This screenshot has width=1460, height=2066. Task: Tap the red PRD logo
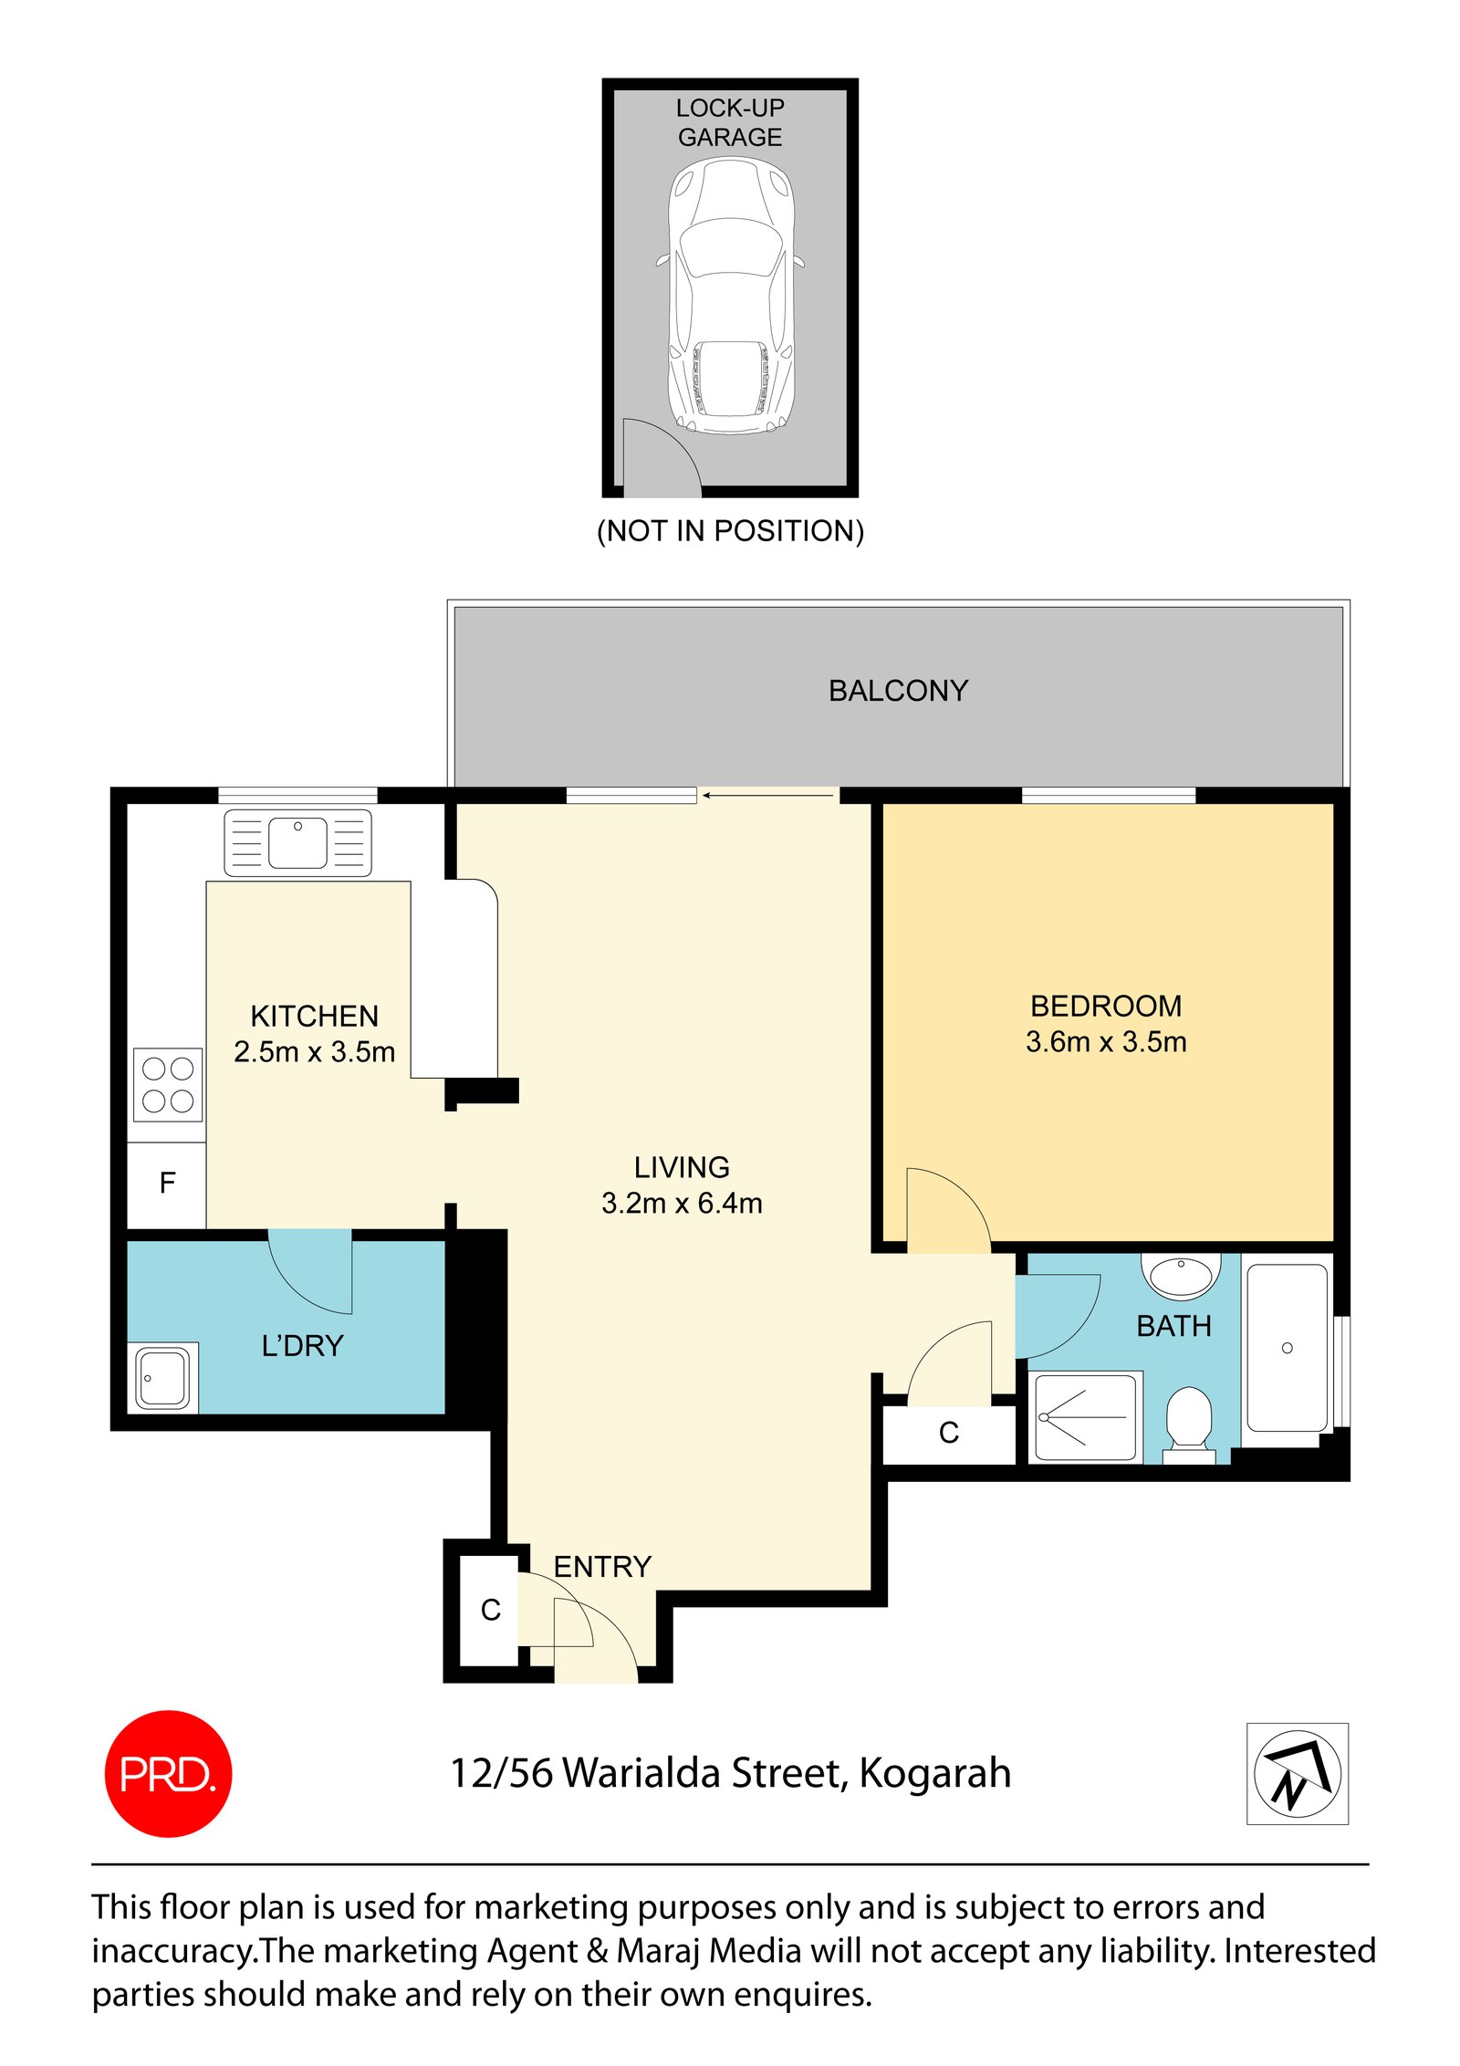[x=169, y=1773]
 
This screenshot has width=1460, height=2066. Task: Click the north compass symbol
[x=1297, y=1773]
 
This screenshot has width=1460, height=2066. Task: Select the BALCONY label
[x=898, y=691]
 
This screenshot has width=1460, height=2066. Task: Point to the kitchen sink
[x=297, y=842]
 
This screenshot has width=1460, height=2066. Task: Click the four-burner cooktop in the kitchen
[x=168, y=1084]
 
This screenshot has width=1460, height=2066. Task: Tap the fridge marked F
[x=167, y=1184]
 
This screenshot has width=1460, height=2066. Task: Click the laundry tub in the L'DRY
[x=163, y=1377]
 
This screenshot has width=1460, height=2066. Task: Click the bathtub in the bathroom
[x=1287, y=1348]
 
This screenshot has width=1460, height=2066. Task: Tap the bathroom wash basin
[x=1181, y=1275]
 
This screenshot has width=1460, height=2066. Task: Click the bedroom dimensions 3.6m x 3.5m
[x=1106, y=1042]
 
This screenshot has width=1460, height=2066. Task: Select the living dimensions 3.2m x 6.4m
[x=682, y=1204]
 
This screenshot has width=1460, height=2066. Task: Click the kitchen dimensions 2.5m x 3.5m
[x=314, y=1052]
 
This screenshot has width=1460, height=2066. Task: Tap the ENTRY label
[x=602, y=1567]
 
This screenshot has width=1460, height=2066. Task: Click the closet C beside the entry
[x=490, y=1610]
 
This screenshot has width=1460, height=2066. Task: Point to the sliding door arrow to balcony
[x=768, y=796]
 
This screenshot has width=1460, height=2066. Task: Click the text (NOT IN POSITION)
[x=730, y=531]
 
